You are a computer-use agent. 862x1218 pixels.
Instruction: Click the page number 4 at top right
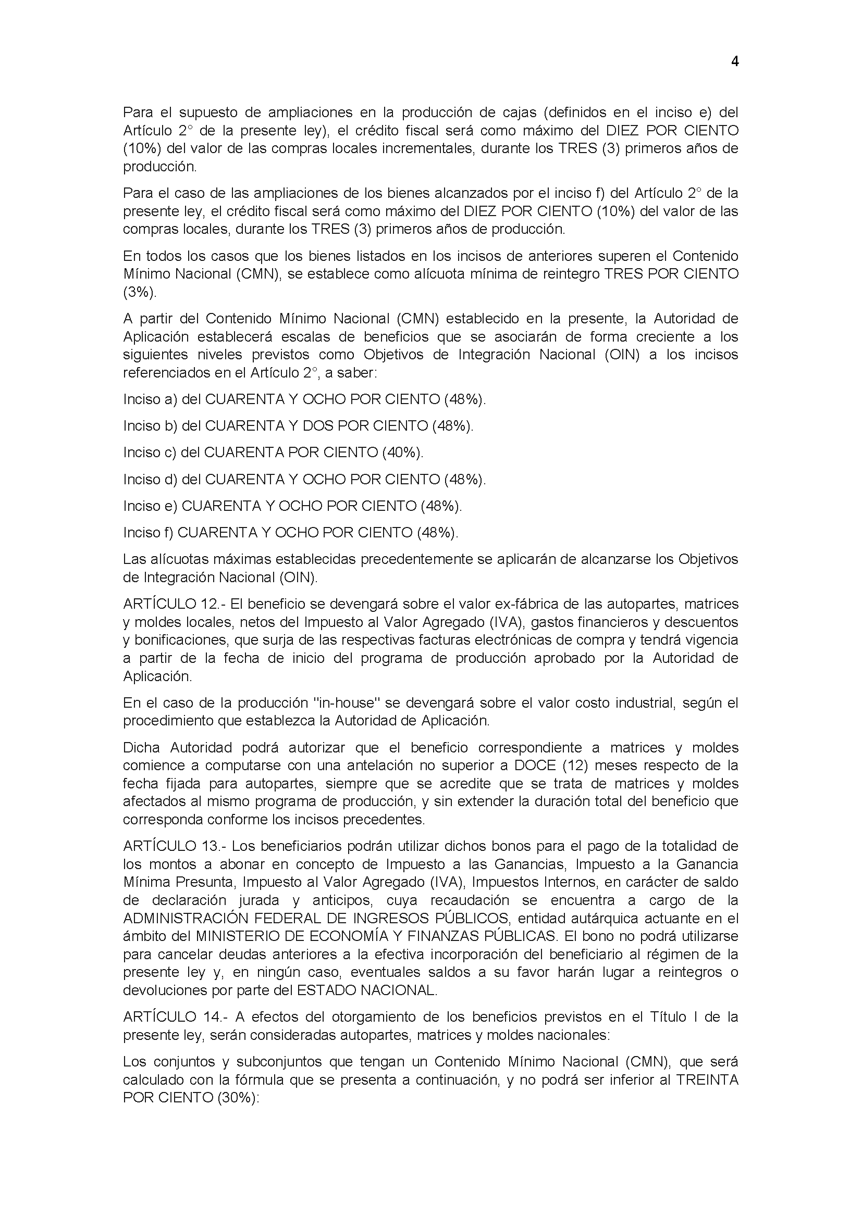point(735,62)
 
